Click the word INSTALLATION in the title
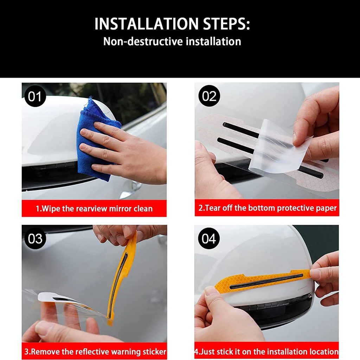(147, 24)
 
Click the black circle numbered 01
(35, 96)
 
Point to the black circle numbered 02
(209, 96)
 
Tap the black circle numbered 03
(35, 239)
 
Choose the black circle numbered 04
(209, 238)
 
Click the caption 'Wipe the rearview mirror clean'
(94, 208)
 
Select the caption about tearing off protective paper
(268, 208)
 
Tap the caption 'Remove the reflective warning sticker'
(95, 352)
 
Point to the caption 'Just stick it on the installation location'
(266, 352)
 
